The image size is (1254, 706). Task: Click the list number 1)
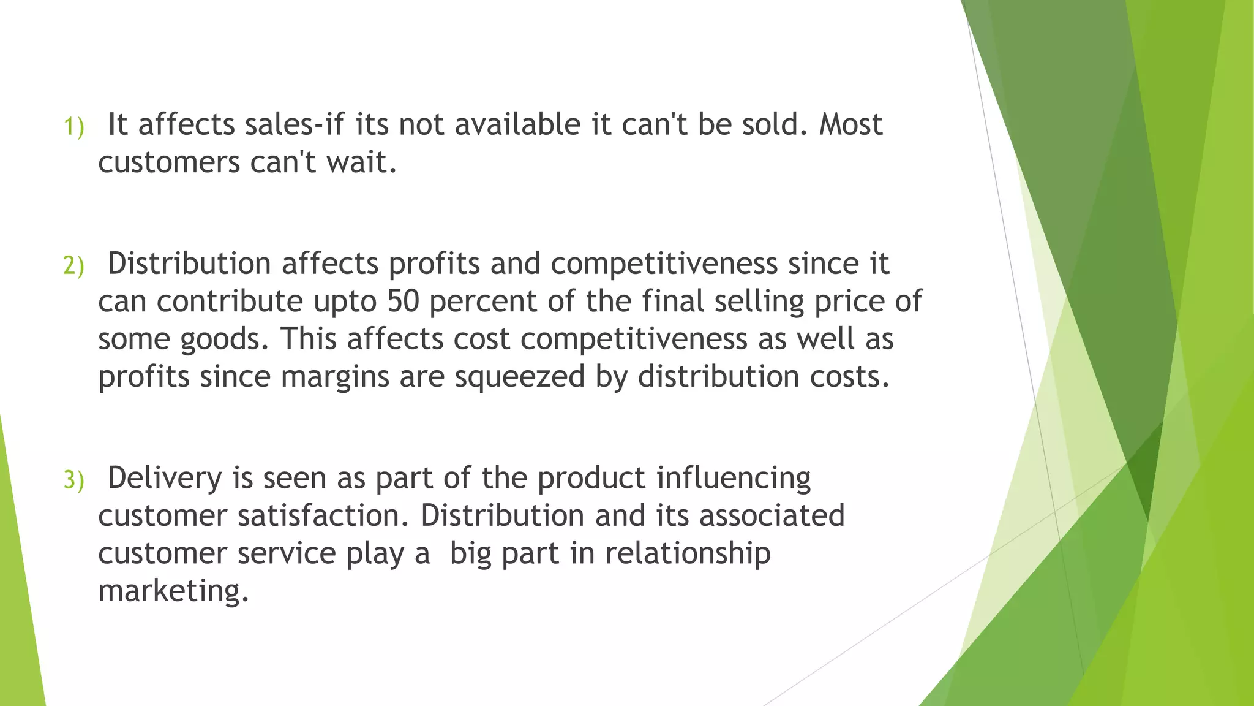point(73,127)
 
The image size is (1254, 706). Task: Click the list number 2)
point(73,266)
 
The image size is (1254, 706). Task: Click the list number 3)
point(73,480)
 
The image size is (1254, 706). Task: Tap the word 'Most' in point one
point(850,124)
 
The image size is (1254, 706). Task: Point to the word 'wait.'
point(361,162)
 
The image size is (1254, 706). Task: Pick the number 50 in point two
point(402,301)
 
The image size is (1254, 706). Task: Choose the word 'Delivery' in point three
point(165,479)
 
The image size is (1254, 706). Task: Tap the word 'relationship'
point(688,554)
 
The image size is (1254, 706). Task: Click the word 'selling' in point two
point(759,302)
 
